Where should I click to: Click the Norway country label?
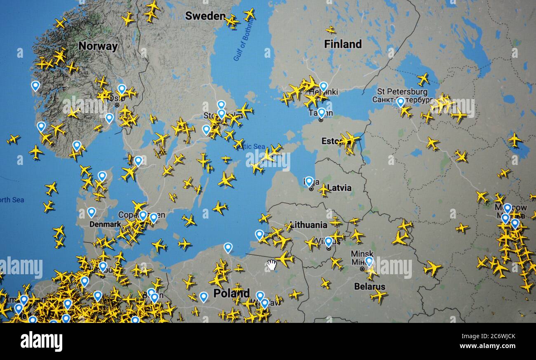coord(98,46)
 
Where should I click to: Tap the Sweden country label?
coord(205,16)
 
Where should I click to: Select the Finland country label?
coord(343,44)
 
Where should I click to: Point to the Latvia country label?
coord(339,188)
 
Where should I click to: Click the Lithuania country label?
coord(308,225)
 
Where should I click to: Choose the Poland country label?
coord(231,293)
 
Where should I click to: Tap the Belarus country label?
coord(369,286)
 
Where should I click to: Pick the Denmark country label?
coord(105,224)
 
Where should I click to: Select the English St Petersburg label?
coord(402,92)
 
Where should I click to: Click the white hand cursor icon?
coord(271,265)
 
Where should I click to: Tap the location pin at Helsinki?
coord(323,87)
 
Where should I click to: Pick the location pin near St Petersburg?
coord(400,102)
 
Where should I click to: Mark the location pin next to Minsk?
coord(369,261)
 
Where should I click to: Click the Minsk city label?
coord(362,254)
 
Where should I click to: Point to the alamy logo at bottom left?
coord(41,341)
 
